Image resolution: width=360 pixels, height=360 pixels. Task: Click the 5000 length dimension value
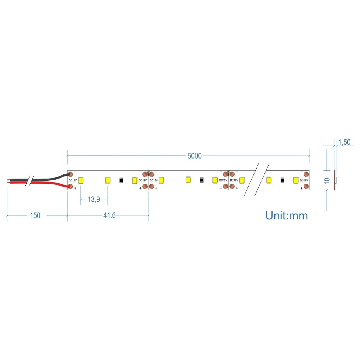194,156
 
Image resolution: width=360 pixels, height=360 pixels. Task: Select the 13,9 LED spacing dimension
94,199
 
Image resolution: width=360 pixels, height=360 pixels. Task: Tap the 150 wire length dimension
35,216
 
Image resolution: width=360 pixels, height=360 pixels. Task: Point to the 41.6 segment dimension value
109,216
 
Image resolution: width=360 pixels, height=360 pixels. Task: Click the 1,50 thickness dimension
345,142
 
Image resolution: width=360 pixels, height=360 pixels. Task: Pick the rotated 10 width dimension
327,181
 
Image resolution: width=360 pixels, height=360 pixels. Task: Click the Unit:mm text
287,216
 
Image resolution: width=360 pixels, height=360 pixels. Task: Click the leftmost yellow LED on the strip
81,180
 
